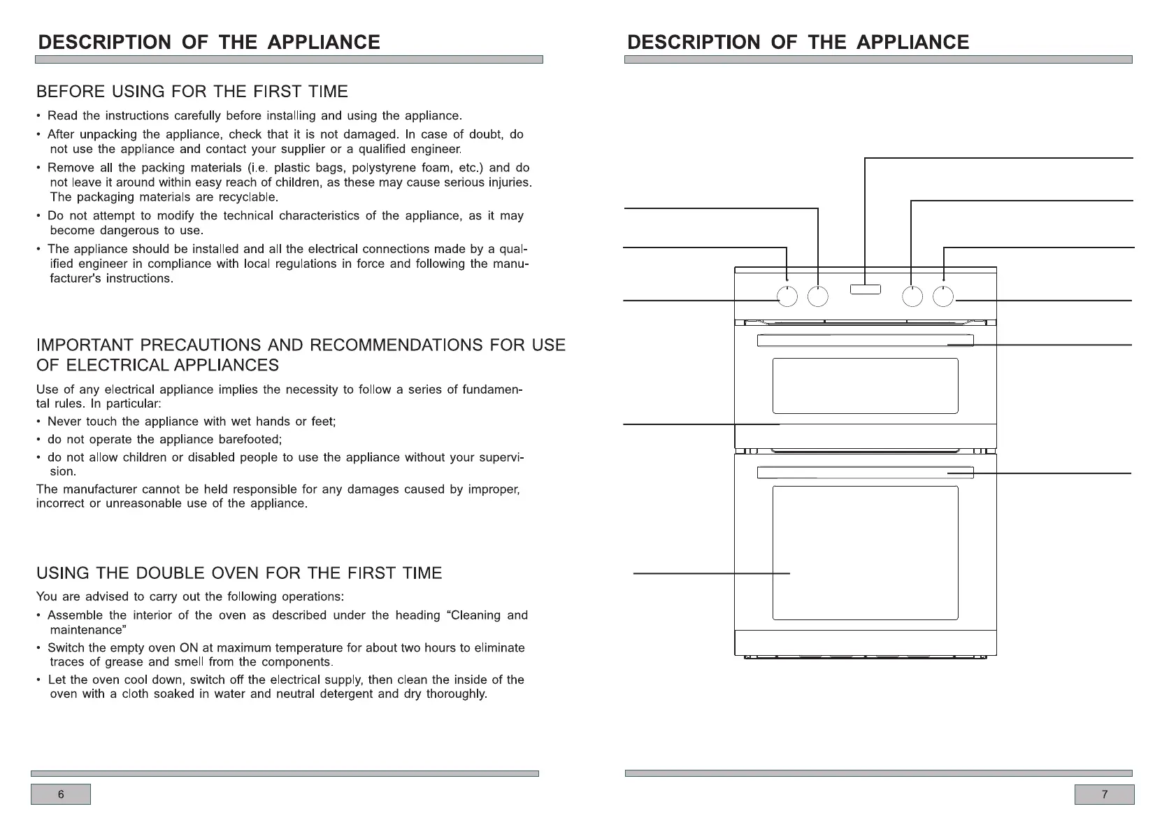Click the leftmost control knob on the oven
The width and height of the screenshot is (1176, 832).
pos(787,297)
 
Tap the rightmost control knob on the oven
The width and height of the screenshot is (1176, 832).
pos(943,297)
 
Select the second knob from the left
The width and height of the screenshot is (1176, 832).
pos(818,297)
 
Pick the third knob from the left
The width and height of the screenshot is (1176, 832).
pos(912,297)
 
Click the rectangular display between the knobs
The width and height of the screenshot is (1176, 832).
pos(866,289)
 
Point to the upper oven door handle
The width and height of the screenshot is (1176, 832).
pos(865,340)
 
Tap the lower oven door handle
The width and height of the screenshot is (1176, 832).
pos(865,473)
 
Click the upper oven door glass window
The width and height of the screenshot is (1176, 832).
pos(865,386)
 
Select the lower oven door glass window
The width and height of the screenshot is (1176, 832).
pos(865,552)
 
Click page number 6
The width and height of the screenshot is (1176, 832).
pos(61,794)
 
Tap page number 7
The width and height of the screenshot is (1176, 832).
pos(1104,794)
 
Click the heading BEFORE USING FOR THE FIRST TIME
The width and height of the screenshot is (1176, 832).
pos(192,92)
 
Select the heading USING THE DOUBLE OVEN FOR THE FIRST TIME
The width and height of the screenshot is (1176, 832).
pos(239,573)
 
